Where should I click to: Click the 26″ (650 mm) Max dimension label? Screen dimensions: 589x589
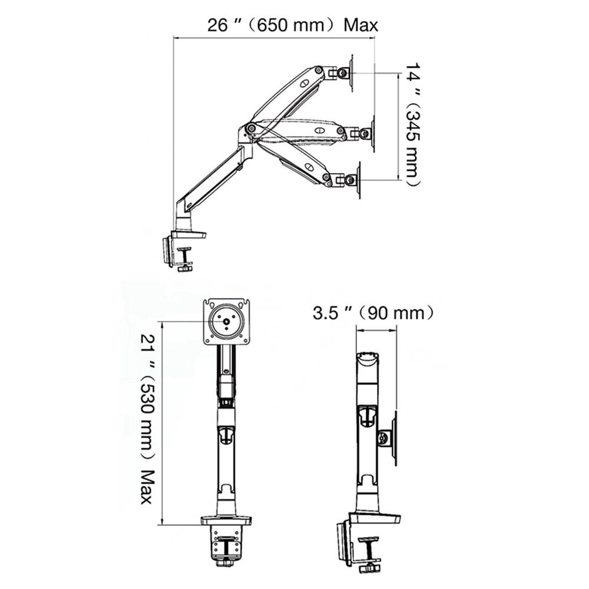pos(293,25)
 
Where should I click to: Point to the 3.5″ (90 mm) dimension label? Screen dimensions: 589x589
pos(373,313)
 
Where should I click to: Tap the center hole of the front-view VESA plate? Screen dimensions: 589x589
pos(227,321)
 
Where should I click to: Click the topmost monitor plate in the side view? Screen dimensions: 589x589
pos(352,72)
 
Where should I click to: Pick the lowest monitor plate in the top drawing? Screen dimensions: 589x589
pos(359,180)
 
